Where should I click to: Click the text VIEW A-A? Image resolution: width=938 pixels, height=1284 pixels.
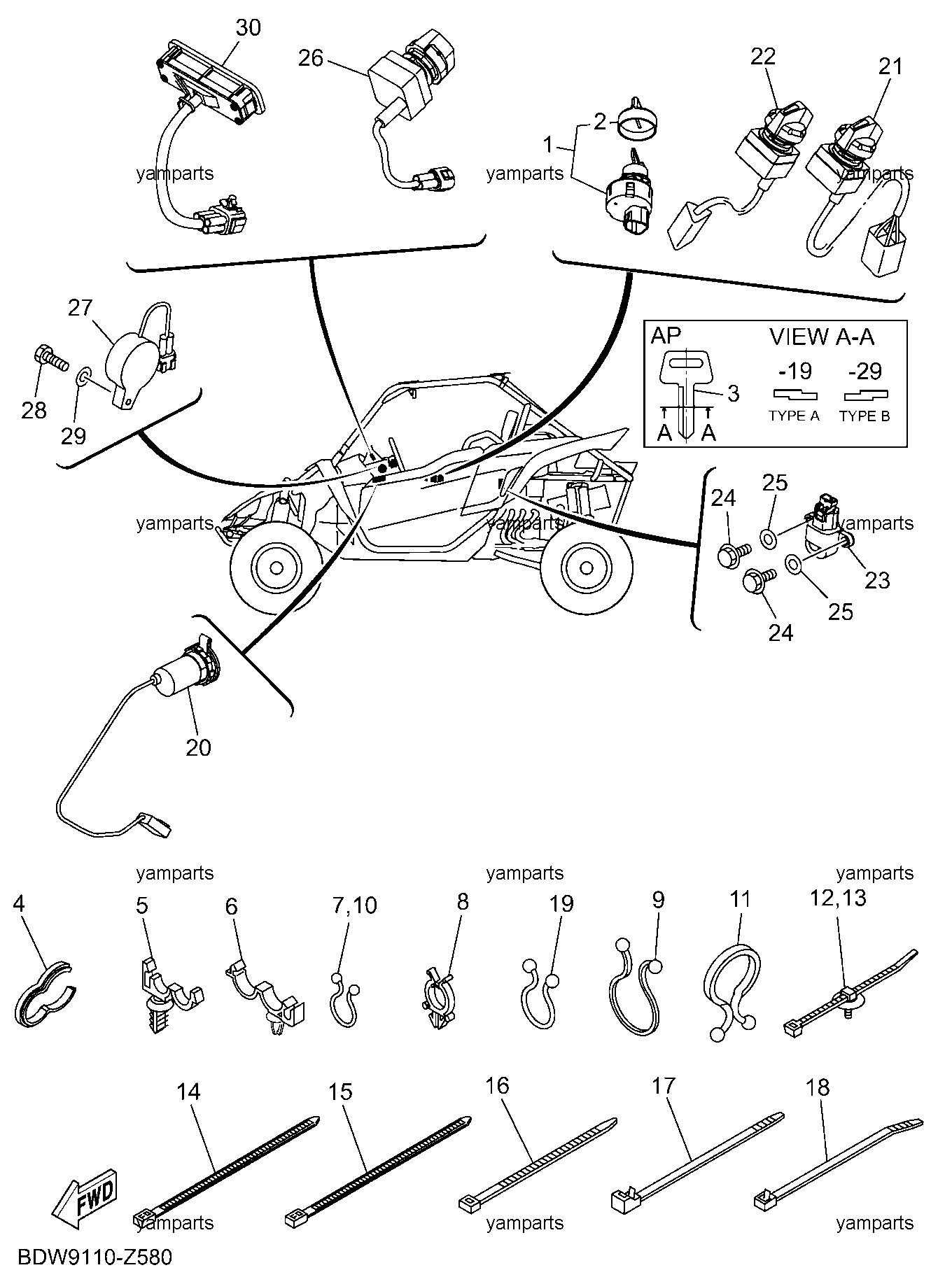822,337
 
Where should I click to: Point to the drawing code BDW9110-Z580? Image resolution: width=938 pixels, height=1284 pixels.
94,1257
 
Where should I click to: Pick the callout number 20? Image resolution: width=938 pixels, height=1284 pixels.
199,747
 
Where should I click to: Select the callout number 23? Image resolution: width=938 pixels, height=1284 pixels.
877,579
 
